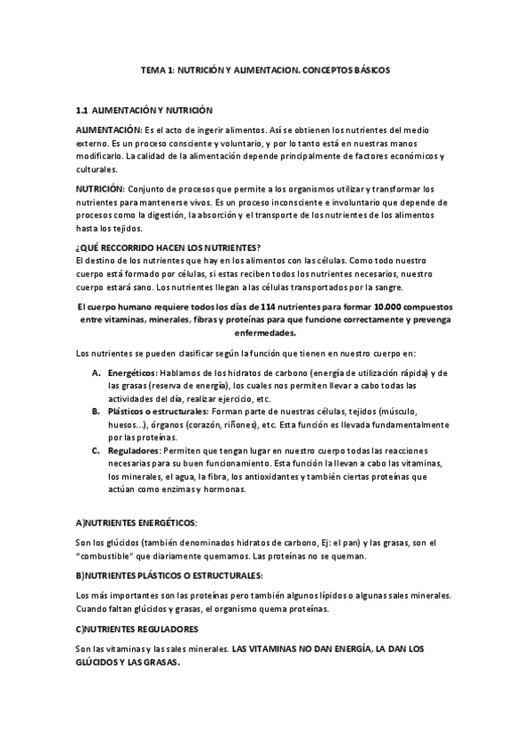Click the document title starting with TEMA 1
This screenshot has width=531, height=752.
point(265,68)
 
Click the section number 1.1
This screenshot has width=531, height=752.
point(82,111)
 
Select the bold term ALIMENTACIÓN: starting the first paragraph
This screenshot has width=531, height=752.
point(109,129)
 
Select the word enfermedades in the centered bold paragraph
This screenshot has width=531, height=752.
point(265,333)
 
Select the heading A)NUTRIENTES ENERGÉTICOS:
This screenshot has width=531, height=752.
point(137,523)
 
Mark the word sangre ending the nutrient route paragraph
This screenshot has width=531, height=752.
point(387,287)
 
